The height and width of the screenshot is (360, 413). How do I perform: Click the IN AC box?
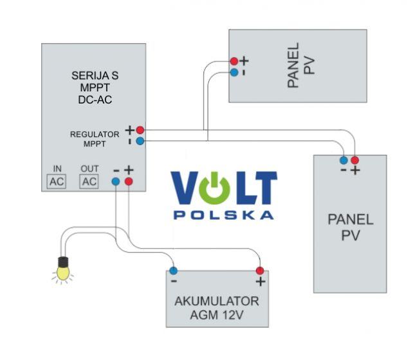57,181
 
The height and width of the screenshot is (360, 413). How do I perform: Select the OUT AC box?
89,181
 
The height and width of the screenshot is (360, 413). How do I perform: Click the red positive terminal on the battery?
260,271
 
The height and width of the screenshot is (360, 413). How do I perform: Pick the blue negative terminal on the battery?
174,271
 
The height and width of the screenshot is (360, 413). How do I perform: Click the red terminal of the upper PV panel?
234,62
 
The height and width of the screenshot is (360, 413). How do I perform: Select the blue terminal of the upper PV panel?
234,73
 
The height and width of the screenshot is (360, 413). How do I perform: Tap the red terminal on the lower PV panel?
354,159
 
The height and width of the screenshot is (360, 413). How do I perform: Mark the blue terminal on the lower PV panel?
344,159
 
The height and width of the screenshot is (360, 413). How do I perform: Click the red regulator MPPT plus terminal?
140,130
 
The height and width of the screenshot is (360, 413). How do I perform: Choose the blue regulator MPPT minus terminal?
140,140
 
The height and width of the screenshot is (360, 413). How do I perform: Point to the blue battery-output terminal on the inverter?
116,182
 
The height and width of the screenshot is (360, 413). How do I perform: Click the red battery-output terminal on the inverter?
129,182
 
